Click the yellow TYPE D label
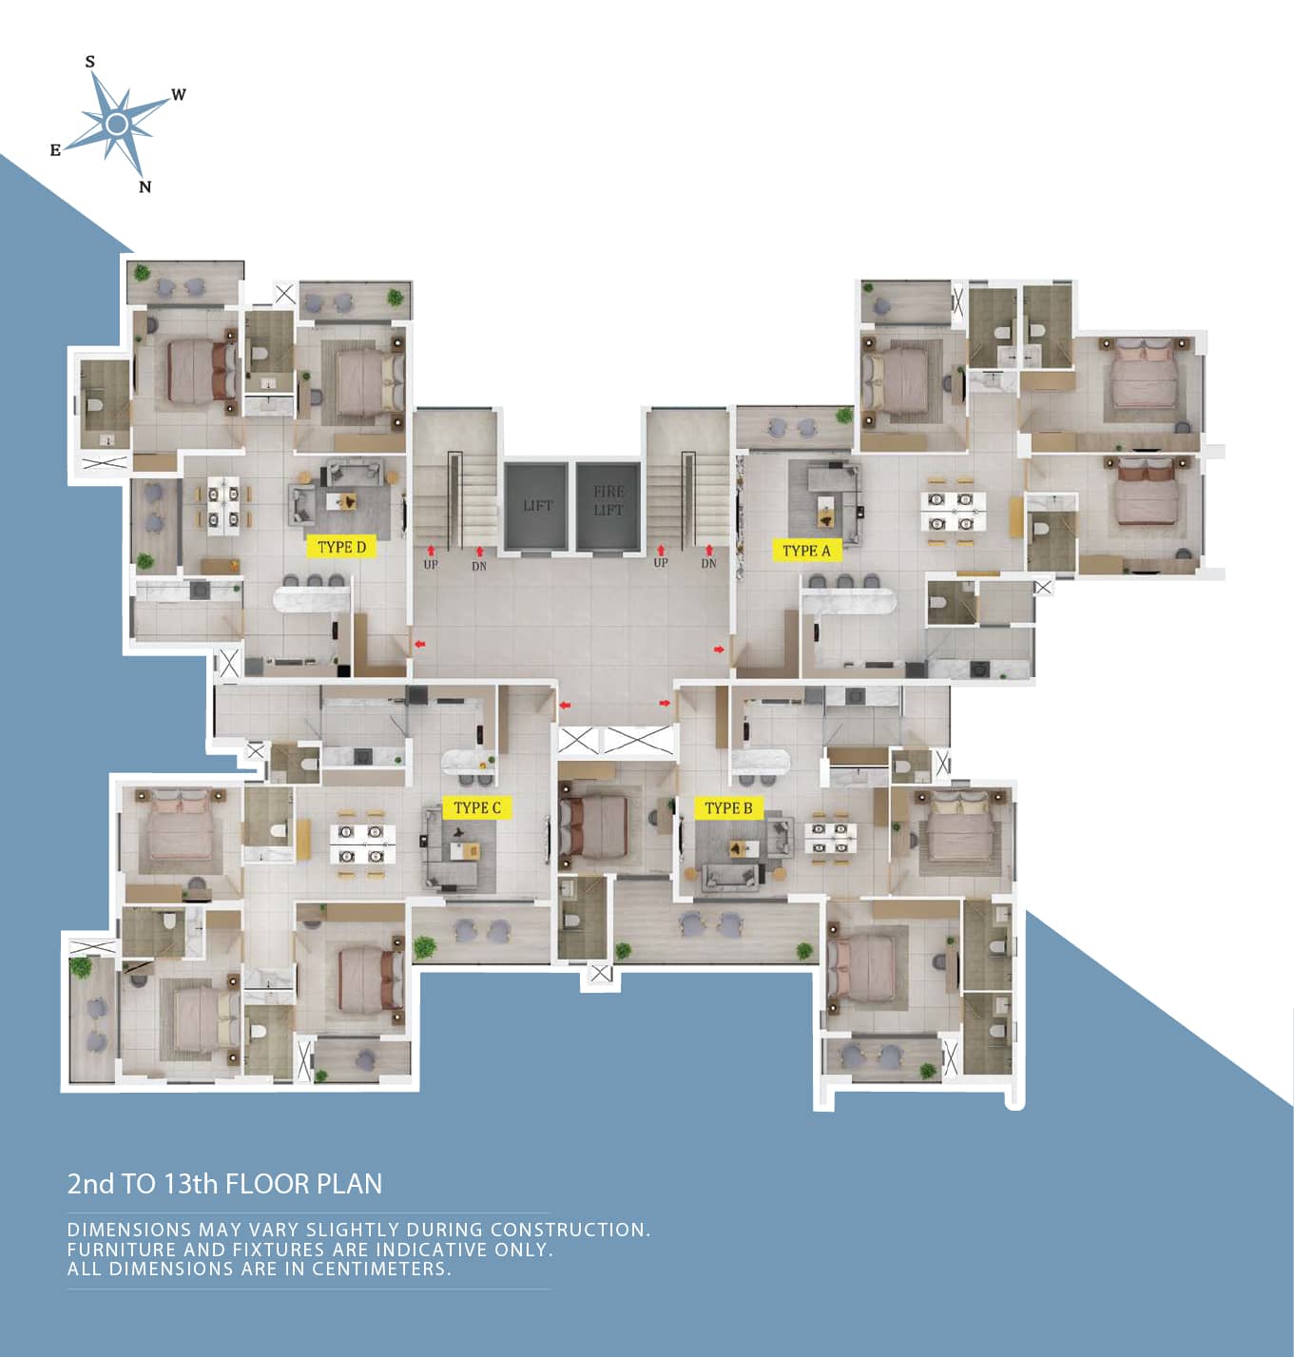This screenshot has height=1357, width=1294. (341, 547)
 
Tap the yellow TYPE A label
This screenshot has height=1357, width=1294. (806, 550)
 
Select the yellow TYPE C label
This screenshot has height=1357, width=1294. (477, 807)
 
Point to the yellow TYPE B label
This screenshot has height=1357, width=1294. (728, 807)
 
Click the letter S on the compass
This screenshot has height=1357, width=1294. (89, 62)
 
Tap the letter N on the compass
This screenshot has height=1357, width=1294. (145, 187)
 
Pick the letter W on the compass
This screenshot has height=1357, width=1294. (178, 94)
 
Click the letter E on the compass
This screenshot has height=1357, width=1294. (55, 150)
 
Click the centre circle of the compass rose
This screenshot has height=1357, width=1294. (117, 125)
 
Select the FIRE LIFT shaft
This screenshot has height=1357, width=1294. (608, 506)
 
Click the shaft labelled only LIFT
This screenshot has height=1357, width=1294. (536, 506)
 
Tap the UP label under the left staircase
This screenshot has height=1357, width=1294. (431, 565)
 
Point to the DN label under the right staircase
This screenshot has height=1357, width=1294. (708, 563)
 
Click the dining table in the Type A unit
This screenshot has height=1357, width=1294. (952, 512)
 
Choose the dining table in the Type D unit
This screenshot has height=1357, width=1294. (222, 506)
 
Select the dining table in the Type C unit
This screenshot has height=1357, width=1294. (361, 844)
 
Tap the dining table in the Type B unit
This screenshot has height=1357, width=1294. (830, 838)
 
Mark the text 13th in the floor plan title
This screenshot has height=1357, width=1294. (190, 1184)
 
